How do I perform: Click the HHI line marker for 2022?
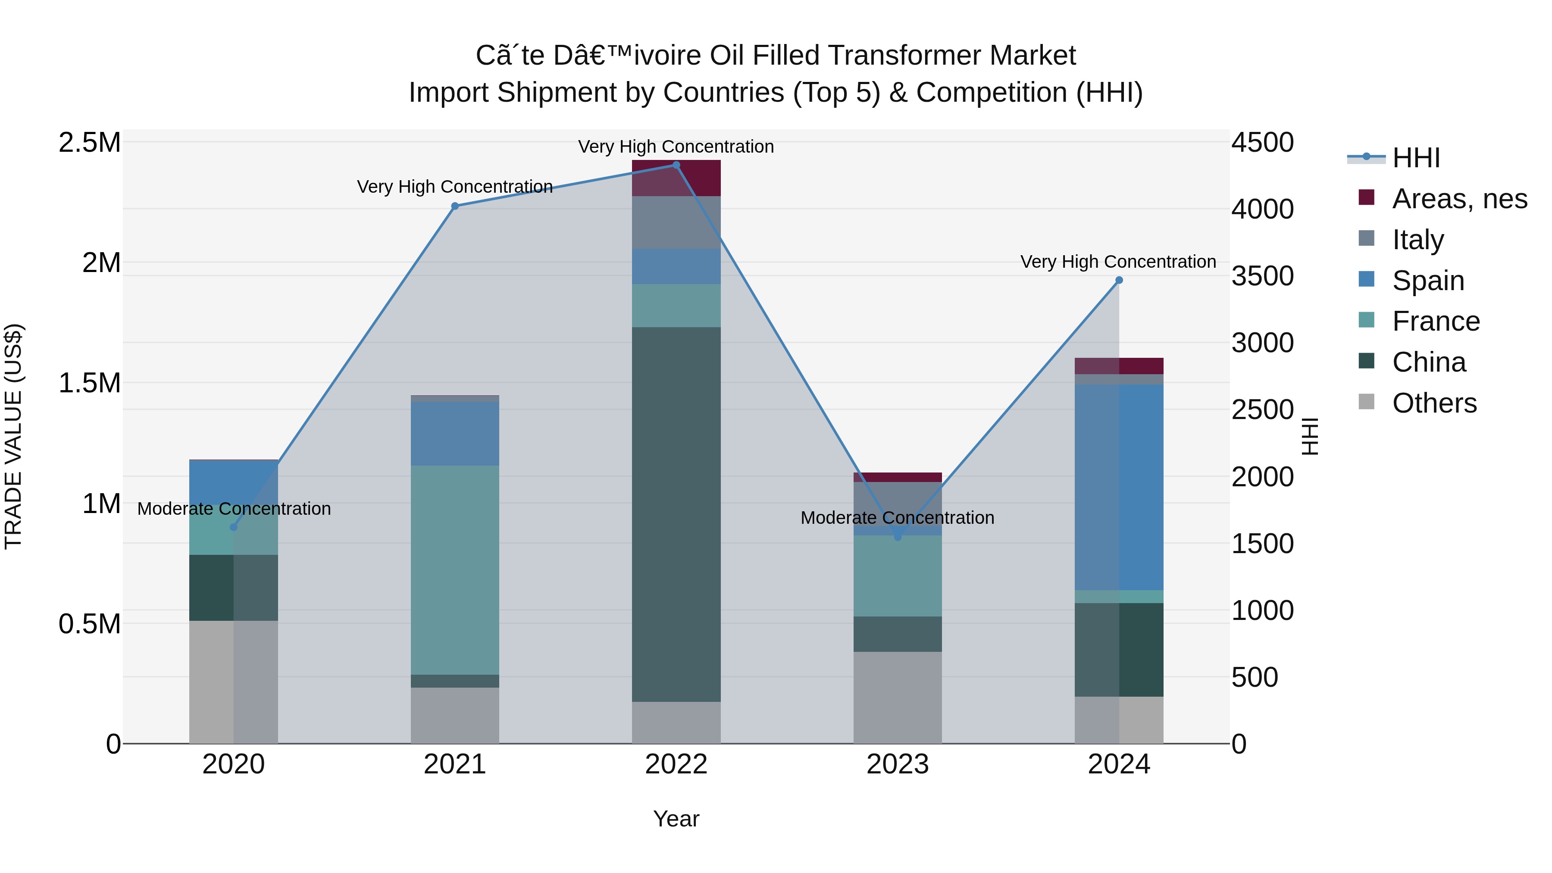[676, 165]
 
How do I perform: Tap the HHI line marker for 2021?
[455, 206]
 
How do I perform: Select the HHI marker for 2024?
[1119, 280]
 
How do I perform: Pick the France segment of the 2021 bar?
[455, 569]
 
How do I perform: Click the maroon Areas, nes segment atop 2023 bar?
[897, 477]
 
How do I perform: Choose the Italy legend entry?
[1417, 240]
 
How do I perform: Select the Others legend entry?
[1434, 403]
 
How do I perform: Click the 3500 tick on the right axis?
[1262, 276]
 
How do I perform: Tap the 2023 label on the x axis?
[897, 764]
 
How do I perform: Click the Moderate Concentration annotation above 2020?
[234, 509]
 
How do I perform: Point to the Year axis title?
[676, 819]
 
